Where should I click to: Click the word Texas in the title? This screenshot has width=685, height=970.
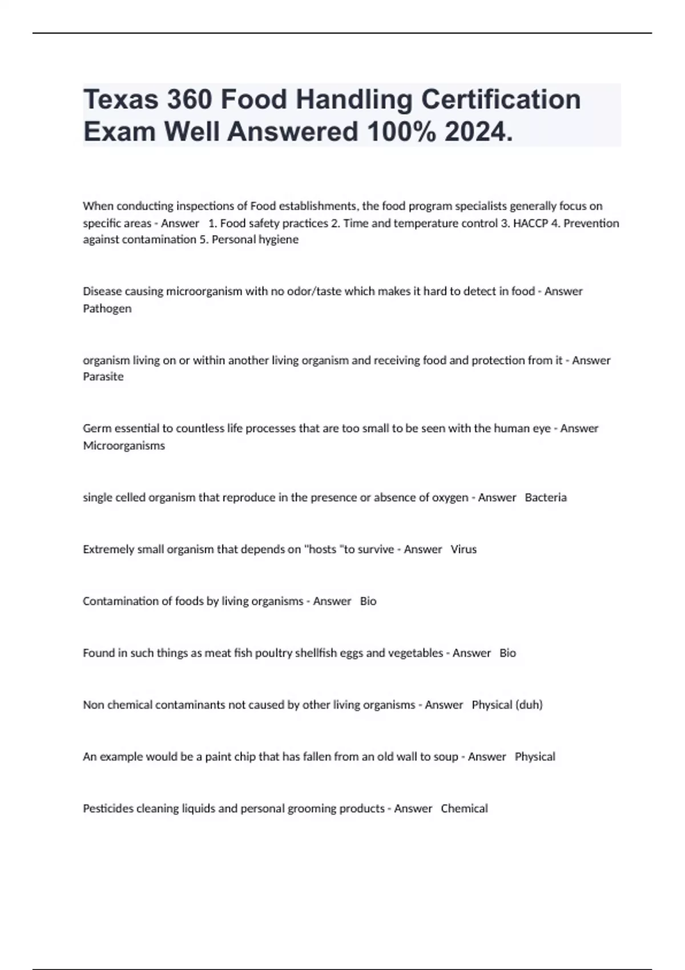pos(120,99)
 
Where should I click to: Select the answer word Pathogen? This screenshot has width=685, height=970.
pos(107,309)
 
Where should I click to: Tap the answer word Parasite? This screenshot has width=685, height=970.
pos(103,377)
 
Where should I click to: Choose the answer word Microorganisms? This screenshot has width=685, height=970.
pos(124,446)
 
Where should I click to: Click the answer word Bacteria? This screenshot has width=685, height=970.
pos(546,498)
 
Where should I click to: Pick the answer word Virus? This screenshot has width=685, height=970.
pos(464,549)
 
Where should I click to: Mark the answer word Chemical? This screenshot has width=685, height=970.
pos(464,809)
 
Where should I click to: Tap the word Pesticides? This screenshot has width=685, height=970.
pos(107,809)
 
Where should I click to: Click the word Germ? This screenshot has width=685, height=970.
pos(95,429)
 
